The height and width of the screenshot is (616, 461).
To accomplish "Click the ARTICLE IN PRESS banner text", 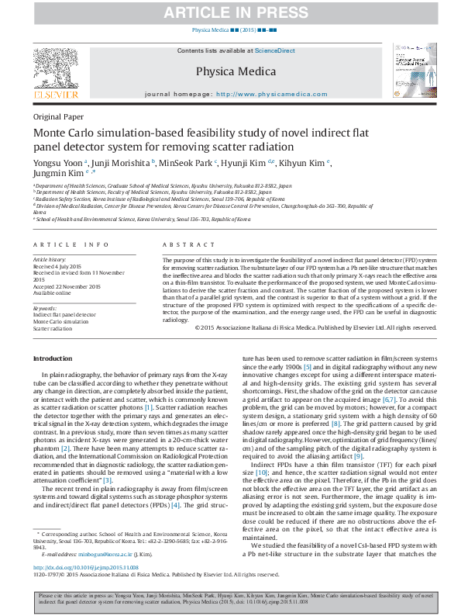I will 230,12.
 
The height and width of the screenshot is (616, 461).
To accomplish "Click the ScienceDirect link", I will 275,50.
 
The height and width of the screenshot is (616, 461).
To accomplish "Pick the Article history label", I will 50,258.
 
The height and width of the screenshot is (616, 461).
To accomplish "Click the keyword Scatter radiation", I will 52,328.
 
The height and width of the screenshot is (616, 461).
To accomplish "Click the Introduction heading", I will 52,358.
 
